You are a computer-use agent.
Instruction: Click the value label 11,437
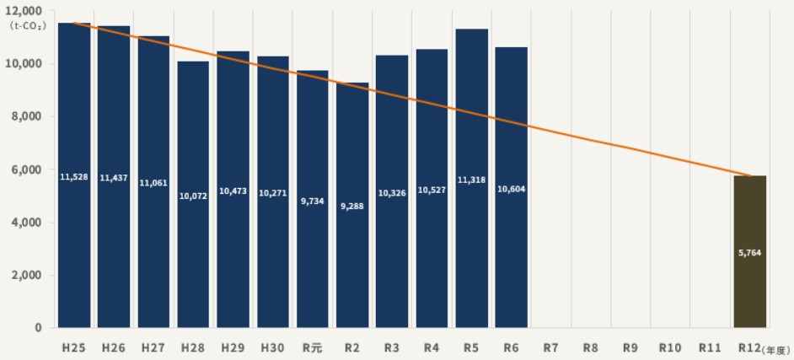pos(114,179)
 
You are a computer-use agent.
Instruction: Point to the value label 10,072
pos(193,196)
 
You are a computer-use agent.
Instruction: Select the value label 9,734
pos(313,202)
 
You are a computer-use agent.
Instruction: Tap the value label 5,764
pos(749,253)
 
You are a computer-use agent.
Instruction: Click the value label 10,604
pos(512,188)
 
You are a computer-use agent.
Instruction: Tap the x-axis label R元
pos(312,347)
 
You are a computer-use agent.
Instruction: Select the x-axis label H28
pos(193,347)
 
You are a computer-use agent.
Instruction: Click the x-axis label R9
pos(630,347)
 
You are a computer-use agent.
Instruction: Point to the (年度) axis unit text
pos(775,348)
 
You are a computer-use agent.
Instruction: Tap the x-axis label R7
pos(551,347)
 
